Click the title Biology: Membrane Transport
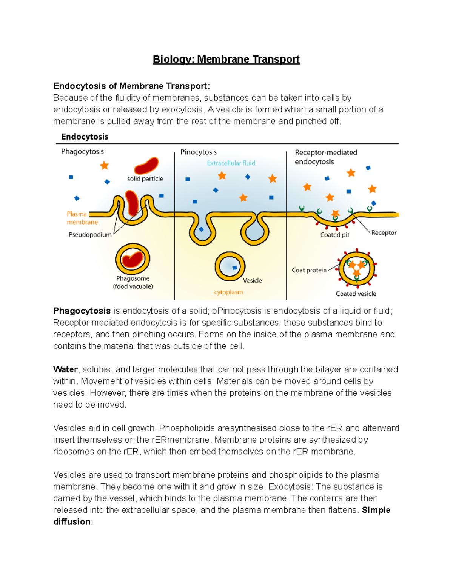click(x=226, y=60)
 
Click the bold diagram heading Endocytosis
click(x=85, y=137)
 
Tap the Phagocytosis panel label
click(x=82, y=152)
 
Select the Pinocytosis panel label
click(x=199, y=152)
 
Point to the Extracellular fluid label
click(x=231, y=163)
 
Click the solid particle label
click(x=145, y=179)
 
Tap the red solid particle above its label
click(x=146, y=166)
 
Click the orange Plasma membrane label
click(x=82, y=218)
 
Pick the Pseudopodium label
click(x=90, y=235)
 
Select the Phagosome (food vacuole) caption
click(x=133, y=283)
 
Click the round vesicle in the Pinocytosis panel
click(x=230, y=267)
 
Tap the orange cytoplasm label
click(x=228, y=292)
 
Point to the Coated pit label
click(x=334, y=235)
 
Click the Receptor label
click(x=384, y=233)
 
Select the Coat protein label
click(x=309, y=270)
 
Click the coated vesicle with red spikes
click(x=357, y=269)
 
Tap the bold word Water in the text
click(x=65, y=369)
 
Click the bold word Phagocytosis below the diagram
click(x=82, y=311)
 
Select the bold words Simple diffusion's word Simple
click(x=376, y=510)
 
